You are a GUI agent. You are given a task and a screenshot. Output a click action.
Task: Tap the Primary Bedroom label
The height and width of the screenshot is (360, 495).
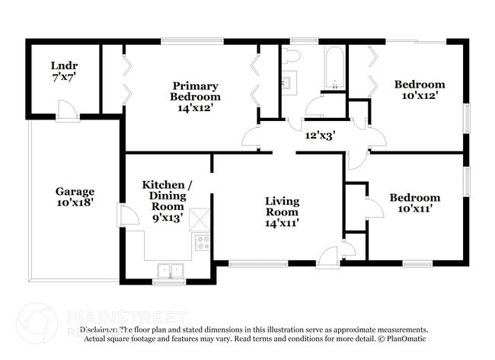tap(196, 97)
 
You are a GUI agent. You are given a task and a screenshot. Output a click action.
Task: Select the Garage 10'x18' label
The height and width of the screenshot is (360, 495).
tap(75, 198)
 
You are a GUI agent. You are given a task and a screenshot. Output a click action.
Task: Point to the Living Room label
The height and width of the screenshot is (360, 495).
tap(282, 212)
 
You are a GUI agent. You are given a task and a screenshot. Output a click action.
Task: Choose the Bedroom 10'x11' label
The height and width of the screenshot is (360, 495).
tap(414, 203)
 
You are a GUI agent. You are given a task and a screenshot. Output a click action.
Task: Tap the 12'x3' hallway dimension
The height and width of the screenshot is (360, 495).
tap(321, 135)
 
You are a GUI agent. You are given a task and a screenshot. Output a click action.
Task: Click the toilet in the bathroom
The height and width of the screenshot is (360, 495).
tap(292, 56)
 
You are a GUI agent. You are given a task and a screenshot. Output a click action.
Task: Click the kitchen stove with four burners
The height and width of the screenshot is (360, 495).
tap(203, 243)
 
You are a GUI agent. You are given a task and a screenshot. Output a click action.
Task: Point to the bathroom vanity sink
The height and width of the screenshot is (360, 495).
tap(289, 83)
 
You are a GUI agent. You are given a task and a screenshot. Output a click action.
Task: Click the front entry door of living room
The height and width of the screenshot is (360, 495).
tap(328, 257)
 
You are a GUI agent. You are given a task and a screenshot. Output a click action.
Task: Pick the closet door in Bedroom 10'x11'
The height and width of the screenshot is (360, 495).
tap(373, 209)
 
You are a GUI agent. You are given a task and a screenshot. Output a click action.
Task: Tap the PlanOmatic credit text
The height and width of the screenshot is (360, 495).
tap(404, 339)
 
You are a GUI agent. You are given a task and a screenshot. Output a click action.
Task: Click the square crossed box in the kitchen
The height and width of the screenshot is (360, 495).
tap(199, 219)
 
